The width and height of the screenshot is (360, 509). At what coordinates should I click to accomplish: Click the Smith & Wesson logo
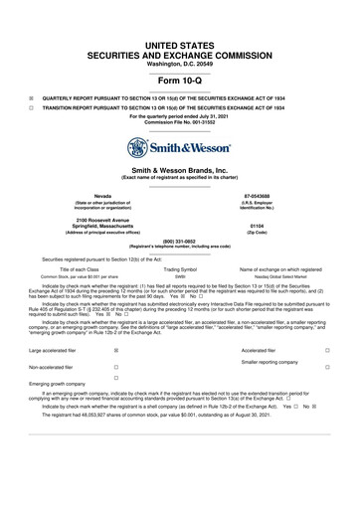tap(179, 148)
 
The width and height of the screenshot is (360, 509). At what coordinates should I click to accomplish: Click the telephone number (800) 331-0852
tap(179, 253)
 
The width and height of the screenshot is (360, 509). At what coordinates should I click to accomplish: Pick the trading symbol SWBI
tap(179, 275)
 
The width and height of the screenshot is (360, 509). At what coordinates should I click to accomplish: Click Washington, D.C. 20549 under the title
tap(179, 36)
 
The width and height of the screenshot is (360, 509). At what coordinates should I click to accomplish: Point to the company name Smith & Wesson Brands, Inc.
tap(179, 171)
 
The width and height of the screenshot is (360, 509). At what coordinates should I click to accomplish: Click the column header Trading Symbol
tap(179, 268)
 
